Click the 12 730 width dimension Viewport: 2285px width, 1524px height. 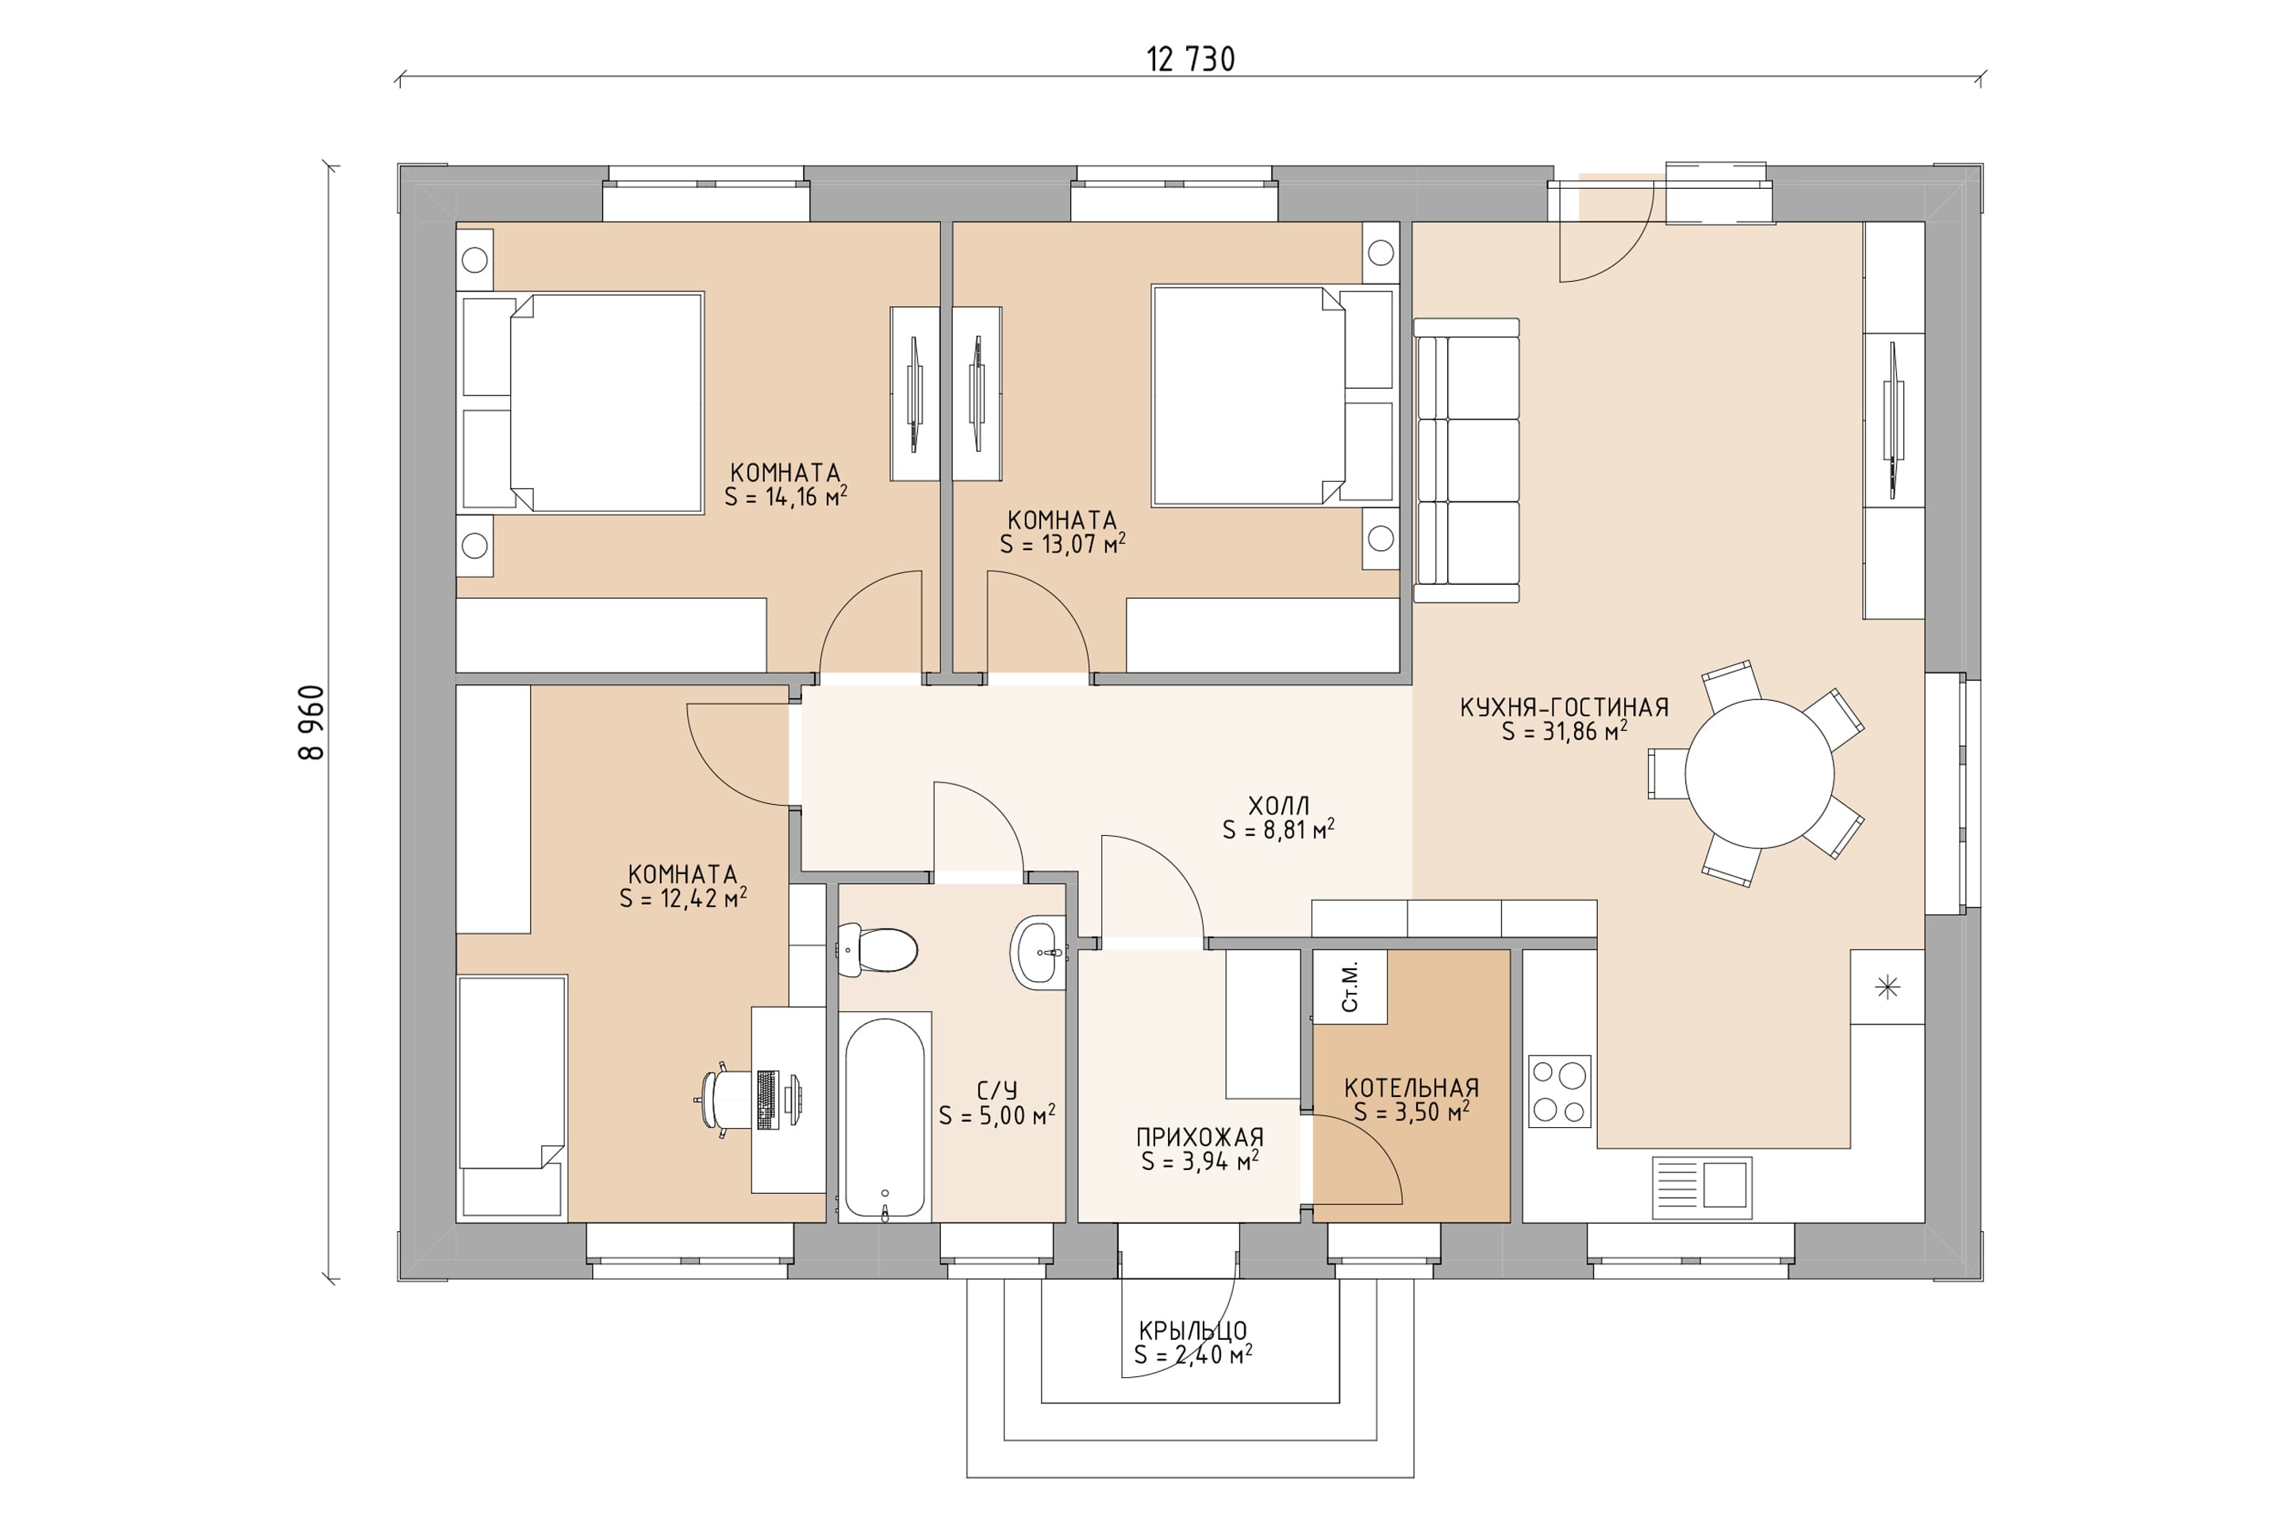click(1190, 60)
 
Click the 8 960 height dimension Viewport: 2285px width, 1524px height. click(312, 722)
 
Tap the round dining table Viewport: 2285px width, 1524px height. click(1760, 774)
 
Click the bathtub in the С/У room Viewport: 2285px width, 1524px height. click(884, 1118)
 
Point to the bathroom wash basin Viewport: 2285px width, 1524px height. click(1039, 952)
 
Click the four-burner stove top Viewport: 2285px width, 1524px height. click(1559, 1091)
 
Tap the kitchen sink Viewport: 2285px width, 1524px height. click(1702, 1187)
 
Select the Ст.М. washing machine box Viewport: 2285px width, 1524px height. click(1350, 987)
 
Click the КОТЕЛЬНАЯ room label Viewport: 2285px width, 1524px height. click(1411, 1088)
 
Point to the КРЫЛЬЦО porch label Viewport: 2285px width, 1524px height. click(1193, 1330)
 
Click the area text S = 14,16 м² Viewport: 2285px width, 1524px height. click(786, 497)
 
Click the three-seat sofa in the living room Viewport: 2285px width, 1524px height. click(1466, 460)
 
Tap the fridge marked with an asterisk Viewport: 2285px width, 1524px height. click(1887, 987)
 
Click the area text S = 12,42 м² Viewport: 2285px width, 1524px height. click(683, 898)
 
